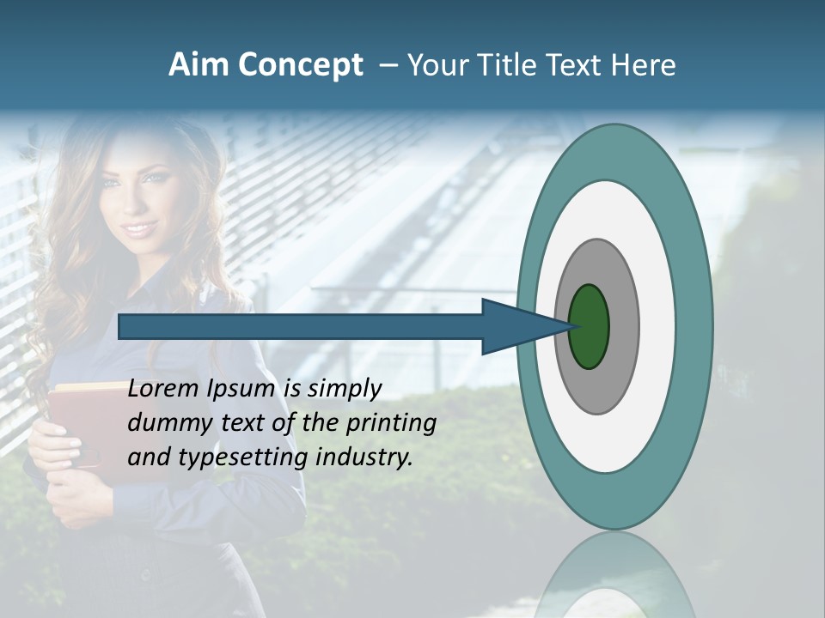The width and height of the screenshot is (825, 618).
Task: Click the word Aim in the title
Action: pos(199,65)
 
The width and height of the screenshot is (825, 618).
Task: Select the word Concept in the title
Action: pos(301,65)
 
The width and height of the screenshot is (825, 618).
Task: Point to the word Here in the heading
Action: pos(645,65)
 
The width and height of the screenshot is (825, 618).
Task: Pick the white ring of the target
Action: pos(657,326)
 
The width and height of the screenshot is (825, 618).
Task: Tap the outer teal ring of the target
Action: pos(696,326)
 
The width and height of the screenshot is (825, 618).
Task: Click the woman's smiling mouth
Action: pos(138,228)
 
